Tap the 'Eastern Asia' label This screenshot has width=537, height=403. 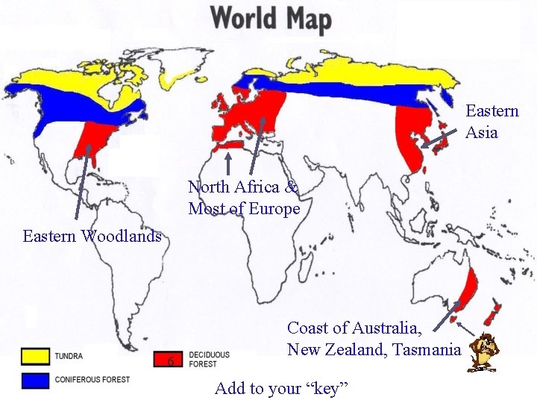tap(492, 122)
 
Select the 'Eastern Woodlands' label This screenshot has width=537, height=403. tap(92, 237)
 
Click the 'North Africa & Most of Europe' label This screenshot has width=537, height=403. tap(244, 198)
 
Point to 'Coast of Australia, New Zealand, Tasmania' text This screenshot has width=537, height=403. tap(374, 338)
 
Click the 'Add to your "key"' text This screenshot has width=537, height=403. tap(283, 388)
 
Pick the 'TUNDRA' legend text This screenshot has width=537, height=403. tap(69, 357)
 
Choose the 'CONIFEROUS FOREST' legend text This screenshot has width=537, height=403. tap(92, 380)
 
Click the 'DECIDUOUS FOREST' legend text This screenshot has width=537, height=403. tap(209, 360)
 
